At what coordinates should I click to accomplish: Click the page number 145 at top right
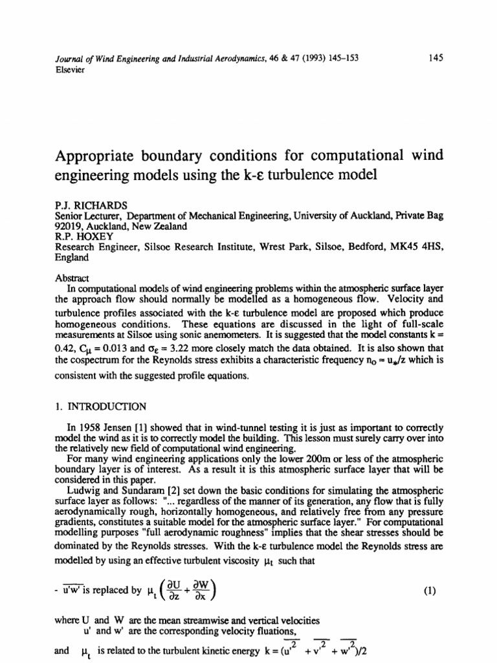click(x=435, y=58)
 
